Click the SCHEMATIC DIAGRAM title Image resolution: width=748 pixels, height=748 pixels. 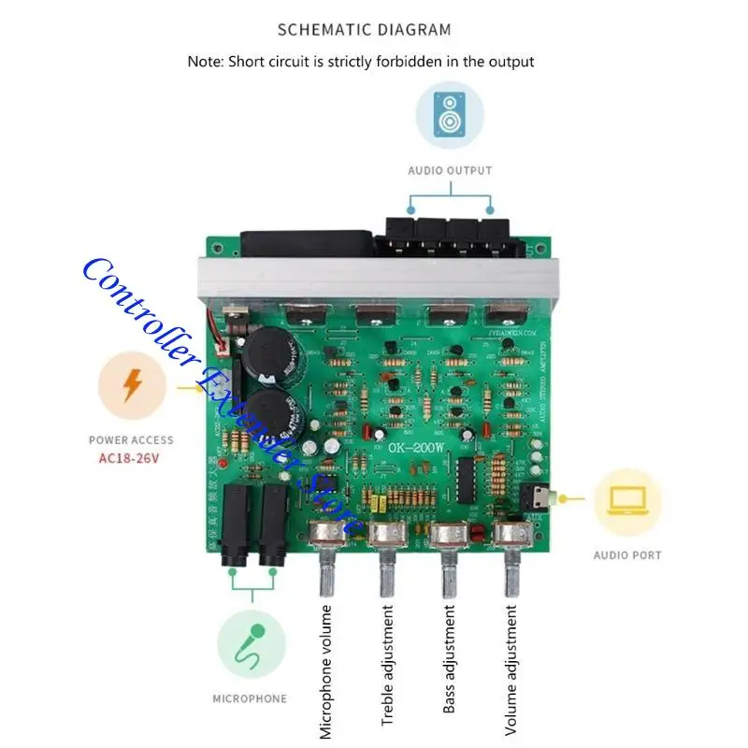point(365,29)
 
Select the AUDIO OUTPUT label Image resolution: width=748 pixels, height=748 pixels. point(450,171)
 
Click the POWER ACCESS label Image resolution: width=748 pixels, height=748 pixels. point(131,440)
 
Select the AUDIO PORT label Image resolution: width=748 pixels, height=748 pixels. point(627,555)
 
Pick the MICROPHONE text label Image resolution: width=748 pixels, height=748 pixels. point(250,698)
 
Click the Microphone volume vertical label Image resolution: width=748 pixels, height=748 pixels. point(325,671)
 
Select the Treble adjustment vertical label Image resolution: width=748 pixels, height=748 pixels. point(387,666)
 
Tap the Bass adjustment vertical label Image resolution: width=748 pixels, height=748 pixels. point(449,660)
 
